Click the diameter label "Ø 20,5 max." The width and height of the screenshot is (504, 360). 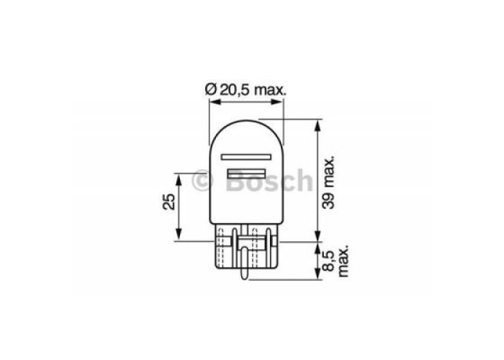[x=245, y=90]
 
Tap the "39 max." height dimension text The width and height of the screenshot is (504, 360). [x=329, y=183]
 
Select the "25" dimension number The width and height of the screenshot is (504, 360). [x=169, y=202]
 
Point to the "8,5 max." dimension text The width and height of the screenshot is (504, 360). [x=336, y=261]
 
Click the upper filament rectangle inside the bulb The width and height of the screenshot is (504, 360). [x=246, y=157]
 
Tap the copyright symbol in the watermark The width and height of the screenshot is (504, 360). [x=202, y=181]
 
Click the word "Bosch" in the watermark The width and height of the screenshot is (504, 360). [x=269, y=180]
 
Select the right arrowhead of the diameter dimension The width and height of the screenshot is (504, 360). [x=278, y=102]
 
